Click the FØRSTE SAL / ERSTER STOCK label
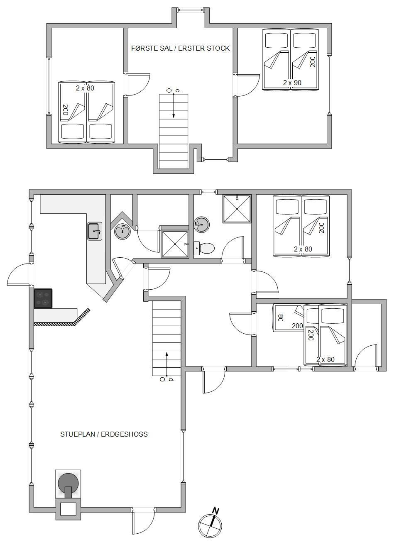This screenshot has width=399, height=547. tap(180, 48)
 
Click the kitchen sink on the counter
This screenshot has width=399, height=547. tap(95, 231)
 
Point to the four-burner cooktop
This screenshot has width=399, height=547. tap(43, 298)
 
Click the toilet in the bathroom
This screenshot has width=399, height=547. tap(204, 248)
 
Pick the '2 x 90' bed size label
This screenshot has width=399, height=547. tap(292, 83)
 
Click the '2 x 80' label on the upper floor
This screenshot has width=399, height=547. tap(85, 88)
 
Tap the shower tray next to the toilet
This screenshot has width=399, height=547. tap(175, 244)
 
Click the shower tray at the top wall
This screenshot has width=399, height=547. tap(237, 209)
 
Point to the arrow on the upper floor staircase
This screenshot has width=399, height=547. tap(174, 105)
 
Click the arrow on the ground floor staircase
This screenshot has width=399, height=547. tap(166, 364)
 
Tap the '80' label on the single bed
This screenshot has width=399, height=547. tap(281, 317)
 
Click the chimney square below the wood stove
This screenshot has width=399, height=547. tap(68, 509)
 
